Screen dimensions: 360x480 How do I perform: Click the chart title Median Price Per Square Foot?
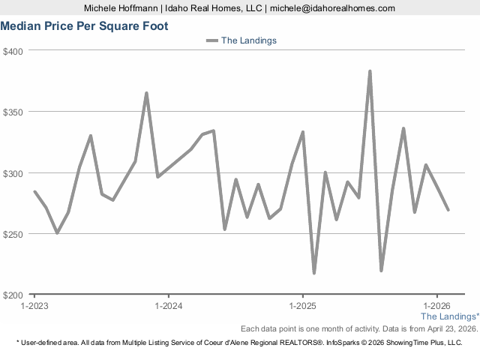(84, 26)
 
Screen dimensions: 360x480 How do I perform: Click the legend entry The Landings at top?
(248, 40)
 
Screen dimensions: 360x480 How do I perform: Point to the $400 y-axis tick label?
(14, 51)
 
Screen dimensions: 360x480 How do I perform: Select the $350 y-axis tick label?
(14, 112)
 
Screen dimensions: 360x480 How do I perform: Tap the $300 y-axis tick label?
(14, 172)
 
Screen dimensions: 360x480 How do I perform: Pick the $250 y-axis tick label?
(14, 234)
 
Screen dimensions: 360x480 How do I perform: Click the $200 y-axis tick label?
(14, 295)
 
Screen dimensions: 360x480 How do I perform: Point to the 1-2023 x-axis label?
(34, 306)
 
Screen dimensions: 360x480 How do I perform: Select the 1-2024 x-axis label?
(168, 306)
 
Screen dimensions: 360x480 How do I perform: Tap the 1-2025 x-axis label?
(302, 306)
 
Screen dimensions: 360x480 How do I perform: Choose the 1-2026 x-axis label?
(436, 306)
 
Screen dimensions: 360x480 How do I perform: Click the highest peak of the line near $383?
(370, 71)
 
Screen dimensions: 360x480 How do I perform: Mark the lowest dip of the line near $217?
(314, 273)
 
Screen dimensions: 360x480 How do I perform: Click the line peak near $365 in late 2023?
(146, 93)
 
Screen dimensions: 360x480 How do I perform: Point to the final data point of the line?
(448, 210)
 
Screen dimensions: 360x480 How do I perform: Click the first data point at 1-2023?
(34, 191)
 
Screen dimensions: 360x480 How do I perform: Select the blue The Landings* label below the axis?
(449, 317)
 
